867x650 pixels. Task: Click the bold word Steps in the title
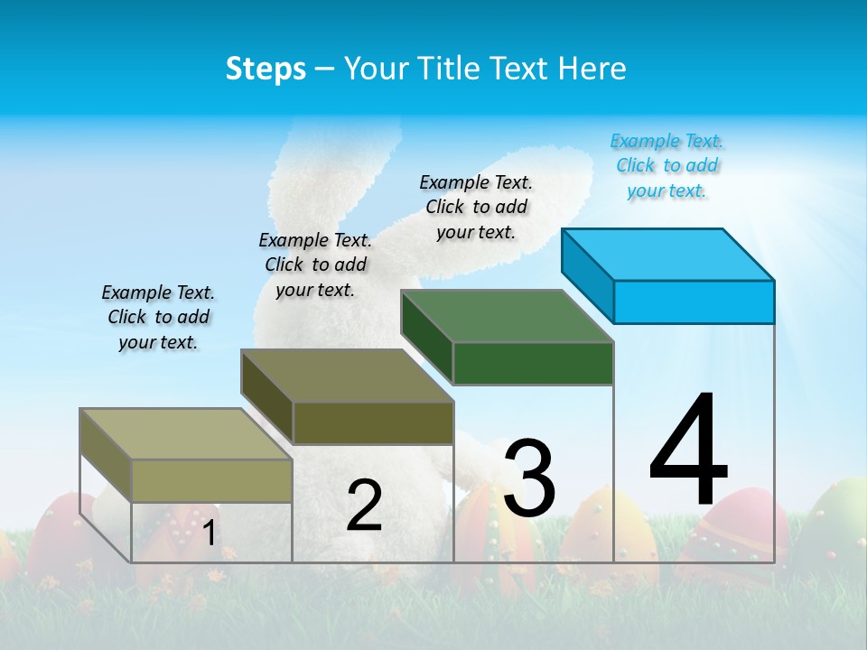[266, 69]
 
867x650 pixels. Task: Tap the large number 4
[688, 451]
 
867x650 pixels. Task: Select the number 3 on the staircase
[529, 479]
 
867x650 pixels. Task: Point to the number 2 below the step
[364, 506]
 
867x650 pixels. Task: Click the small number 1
[209, 534]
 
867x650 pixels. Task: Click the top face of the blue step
[668, 254]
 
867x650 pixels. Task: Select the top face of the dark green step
[508, 316]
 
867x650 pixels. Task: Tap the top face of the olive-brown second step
[347, 376]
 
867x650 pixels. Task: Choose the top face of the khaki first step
[186, 434]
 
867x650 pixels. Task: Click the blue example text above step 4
[667, 166]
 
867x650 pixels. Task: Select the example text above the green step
[476, 207]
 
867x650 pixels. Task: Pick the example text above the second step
[315, 265]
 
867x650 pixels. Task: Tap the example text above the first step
[158, 317]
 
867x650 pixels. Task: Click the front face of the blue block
[694, 302]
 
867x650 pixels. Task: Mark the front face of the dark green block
[533, 363]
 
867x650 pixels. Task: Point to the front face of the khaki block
[211, 480]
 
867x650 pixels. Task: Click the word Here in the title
[593, 69]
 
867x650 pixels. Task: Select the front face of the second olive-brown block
[373, 422]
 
